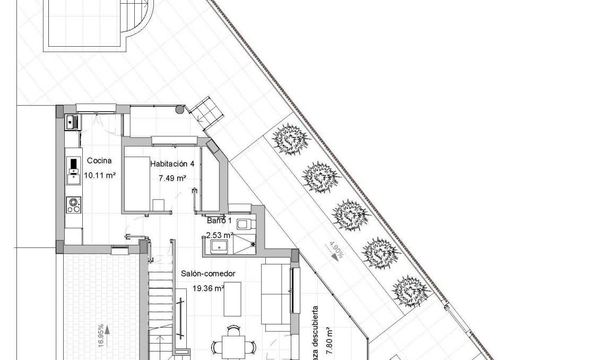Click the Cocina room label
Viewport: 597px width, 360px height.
98,160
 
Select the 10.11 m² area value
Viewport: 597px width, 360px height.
100,174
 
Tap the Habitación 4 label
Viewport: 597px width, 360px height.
172,164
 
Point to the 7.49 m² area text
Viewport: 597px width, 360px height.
172,178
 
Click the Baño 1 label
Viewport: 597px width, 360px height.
216,220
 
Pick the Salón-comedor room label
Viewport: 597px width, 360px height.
207,273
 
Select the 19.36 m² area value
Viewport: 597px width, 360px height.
207,288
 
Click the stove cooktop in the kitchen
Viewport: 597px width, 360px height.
73,205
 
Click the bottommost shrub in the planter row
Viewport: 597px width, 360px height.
410,291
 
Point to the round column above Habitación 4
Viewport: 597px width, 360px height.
180,110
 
